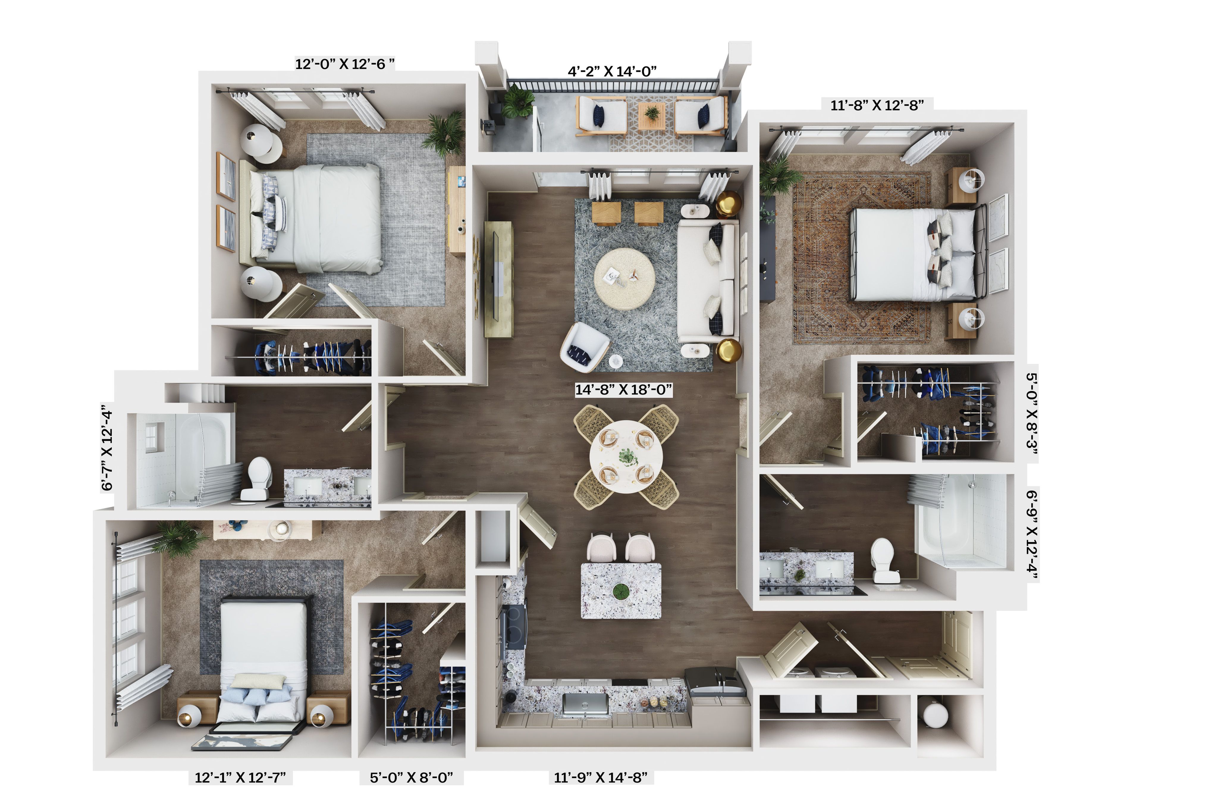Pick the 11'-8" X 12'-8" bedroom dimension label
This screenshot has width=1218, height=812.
pos(877,106)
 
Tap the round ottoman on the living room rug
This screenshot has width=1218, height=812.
pos(624,279)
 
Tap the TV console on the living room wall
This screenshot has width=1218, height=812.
pos(498,280)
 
